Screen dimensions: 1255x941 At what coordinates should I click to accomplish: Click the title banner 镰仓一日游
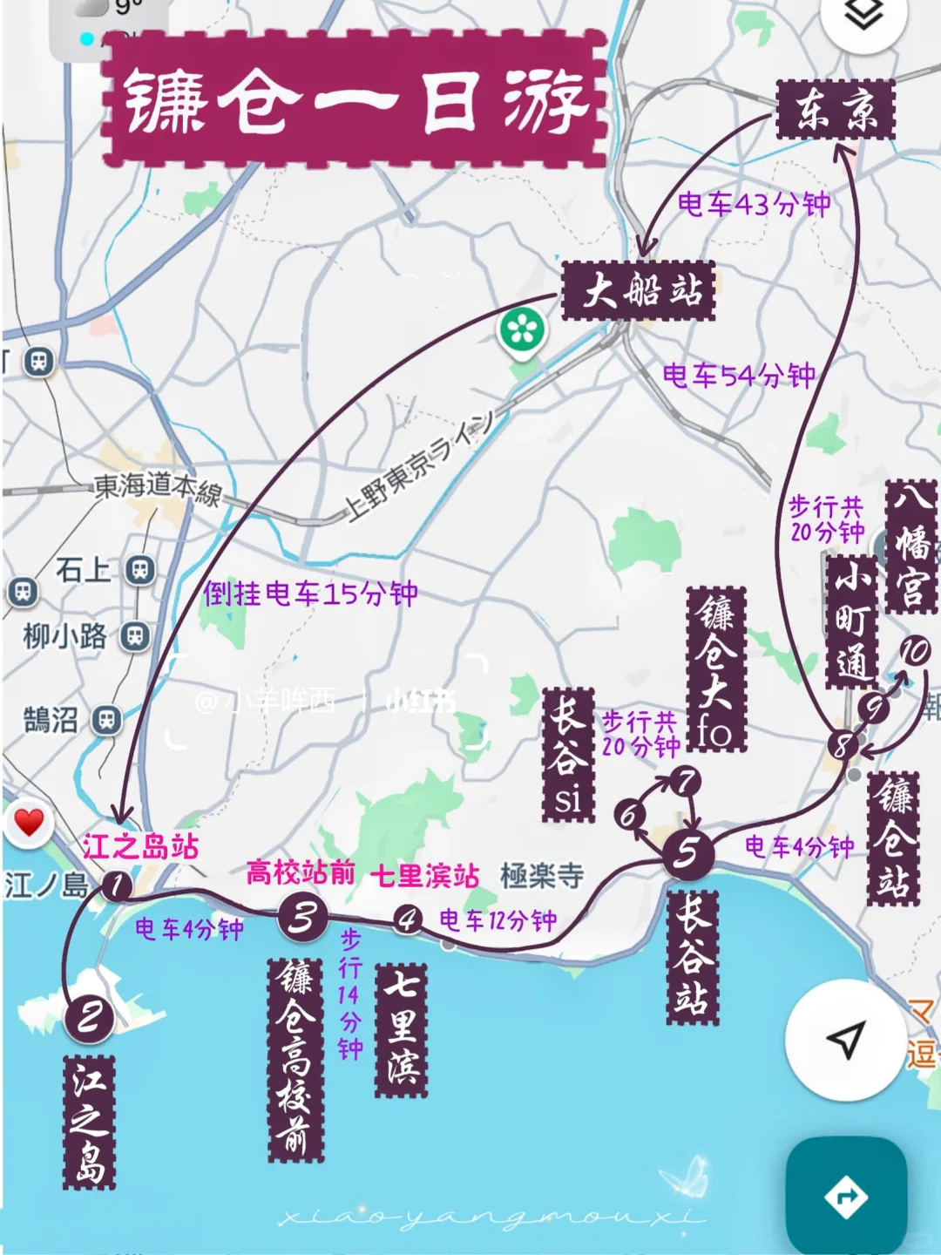[355, 100]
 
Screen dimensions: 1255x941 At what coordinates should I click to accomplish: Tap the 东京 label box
[836, 110]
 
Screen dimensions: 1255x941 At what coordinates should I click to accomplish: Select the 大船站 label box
[640, 290]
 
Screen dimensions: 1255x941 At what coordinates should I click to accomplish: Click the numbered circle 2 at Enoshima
[89, 1017]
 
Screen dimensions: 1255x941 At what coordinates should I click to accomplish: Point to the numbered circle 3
[303, 917]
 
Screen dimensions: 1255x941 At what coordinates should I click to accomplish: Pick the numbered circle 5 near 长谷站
[687, 852]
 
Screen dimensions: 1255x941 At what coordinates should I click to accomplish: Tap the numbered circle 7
[687, 781]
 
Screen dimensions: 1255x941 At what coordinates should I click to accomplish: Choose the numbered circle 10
[915, 651]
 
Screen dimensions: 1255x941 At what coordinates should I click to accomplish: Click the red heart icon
[29, 822]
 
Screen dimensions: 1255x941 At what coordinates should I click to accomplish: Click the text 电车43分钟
[754, 205]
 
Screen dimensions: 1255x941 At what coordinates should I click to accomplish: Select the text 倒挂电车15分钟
[310, 594]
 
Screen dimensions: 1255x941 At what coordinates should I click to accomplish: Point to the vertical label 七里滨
[402, 1029]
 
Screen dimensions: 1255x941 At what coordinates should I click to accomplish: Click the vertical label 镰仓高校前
[295, 1059]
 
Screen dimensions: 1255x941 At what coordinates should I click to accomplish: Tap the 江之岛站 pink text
[141, 846]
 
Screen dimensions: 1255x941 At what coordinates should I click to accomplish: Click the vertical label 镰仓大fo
[716, 669]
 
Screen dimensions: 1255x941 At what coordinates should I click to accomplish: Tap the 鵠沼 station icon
[107, 721]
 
